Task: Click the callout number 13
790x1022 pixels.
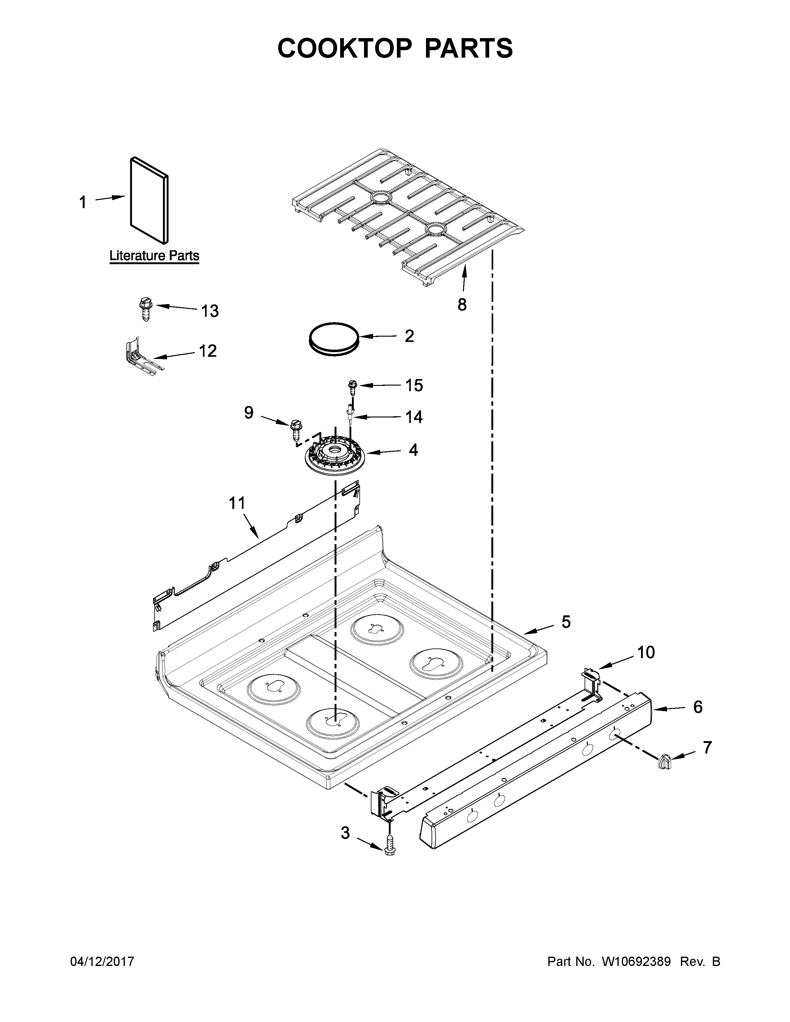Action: tap(210, 311)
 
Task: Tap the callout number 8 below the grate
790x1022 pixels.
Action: tap(462, 305)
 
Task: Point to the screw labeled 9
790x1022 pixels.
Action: tap(295, 429)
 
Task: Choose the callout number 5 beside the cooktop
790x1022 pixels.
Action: tap(566, 622)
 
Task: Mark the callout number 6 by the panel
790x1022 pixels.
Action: tap(697, 707)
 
